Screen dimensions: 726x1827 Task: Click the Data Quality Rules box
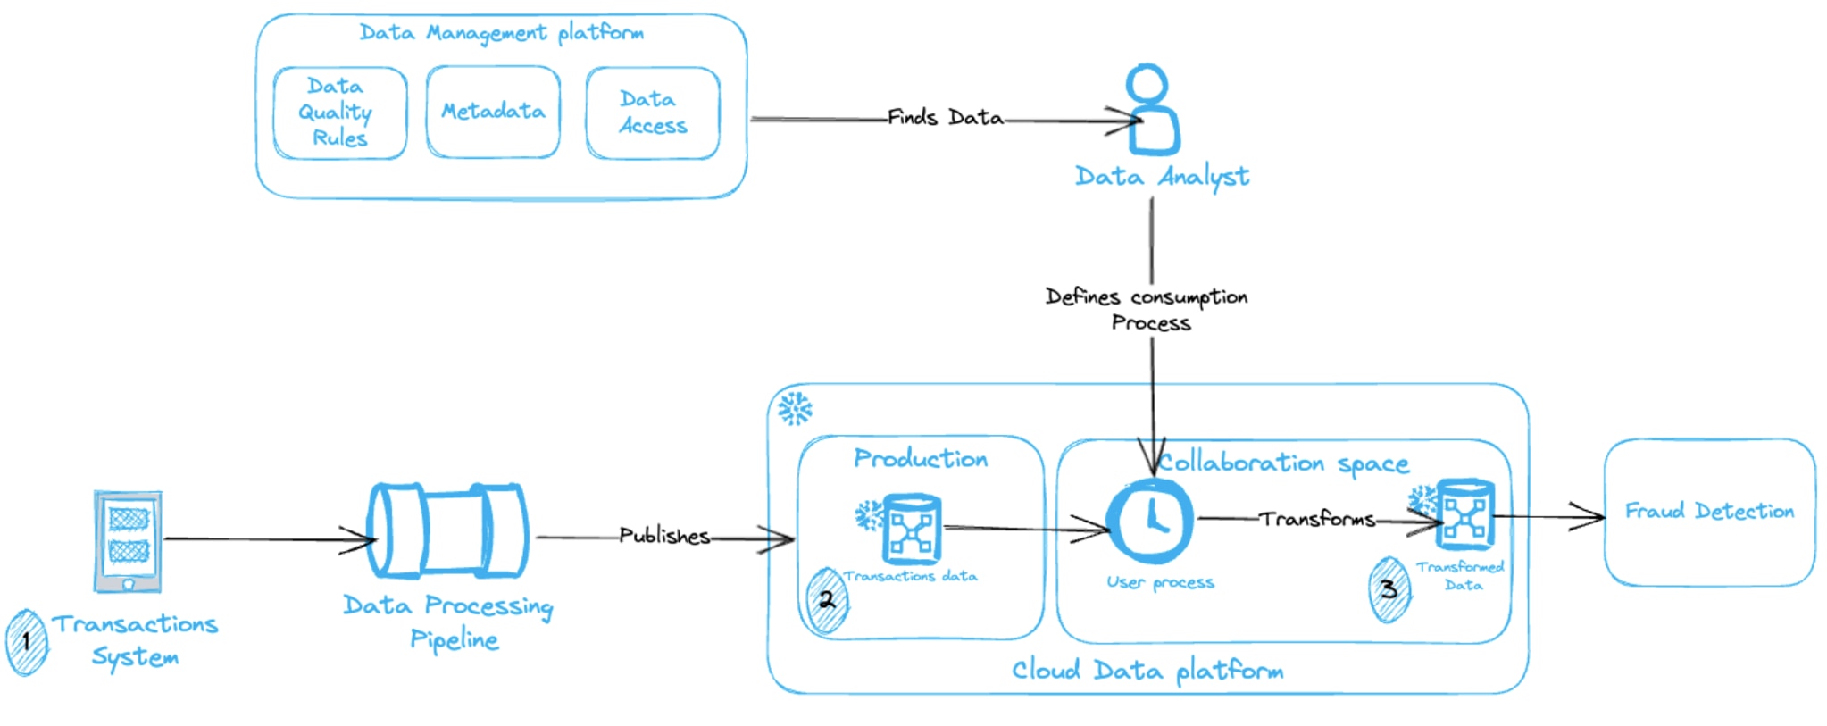[339, 113]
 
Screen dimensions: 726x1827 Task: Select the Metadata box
[493, 112]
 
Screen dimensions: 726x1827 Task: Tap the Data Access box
[653, 113]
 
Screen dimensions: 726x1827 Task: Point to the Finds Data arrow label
[945, 118]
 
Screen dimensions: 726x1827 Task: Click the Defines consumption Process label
[1147, 309]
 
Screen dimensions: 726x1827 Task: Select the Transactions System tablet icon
[129, 540]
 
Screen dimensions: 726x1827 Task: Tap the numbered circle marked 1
[27, 641]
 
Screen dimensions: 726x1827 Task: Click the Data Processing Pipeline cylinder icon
[448, 531]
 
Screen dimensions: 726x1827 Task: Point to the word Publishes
[664, 536]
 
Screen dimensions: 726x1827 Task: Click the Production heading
[921, 459]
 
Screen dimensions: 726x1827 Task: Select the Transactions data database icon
[911, 529]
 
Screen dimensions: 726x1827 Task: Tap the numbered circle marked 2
[827, 600]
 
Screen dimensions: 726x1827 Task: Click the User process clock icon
[1151, 521]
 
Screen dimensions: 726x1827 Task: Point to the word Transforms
[1317, 519]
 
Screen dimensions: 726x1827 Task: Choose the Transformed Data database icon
[1464, 515]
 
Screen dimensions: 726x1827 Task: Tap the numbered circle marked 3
[1389, 589]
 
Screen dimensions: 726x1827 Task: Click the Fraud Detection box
[1709, 512]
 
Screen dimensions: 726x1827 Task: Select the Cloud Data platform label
[1147, 671]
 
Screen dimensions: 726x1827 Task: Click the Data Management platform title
[501, 33]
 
